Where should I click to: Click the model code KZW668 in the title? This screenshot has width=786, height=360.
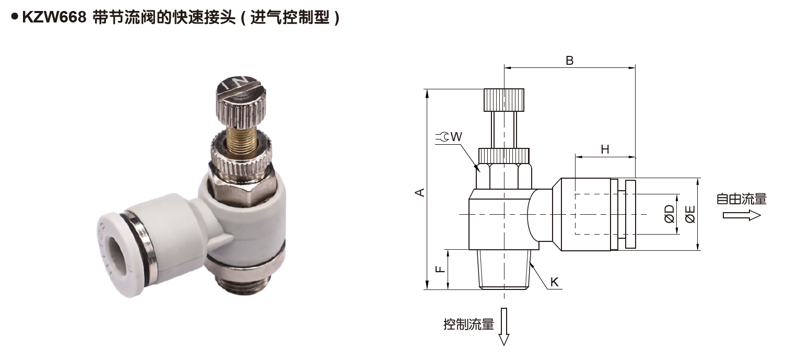pyautogui.click(x=54, y=18)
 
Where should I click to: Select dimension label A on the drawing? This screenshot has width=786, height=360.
pyautogui.click(x=419, y=192)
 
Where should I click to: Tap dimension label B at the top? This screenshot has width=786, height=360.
pyautogui.click(x=570, y=60)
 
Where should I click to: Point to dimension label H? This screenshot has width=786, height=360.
pyautogui.click(x=605, y=149)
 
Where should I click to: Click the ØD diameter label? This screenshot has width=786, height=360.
pyautogui.click(x=669, y=214)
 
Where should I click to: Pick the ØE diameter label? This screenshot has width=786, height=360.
pyautogui.click(x=690, y=214)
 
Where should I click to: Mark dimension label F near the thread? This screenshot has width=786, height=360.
pyautogui.click(x=440, y=269)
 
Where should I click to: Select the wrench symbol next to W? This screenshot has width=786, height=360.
pyautogui.click(x=442, y=137)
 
